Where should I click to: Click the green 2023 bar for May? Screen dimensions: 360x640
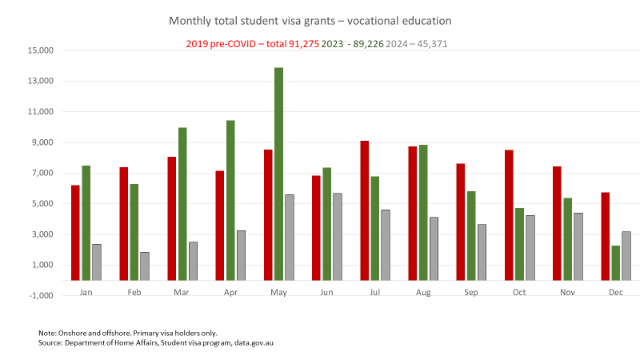[x=278, y=174]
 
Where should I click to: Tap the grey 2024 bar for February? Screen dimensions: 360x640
[x=144, y=266]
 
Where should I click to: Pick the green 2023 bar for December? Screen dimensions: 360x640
[x=615, y=262]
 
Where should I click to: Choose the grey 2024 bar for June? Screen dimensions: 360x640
[x=337, y=237]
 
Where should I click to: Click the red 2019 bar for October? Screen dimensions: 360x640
[x=509, y=215]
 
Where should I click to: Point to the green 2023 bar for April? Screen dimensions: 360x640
[x=230, y=200]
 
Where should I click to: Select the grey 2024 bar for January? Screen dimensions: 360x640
[x=96, y=262]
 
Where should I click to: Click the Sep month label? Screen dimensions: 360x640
[x=471, y=293]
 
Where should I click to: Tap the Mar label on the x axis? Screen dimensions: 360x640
[x=182, y=293]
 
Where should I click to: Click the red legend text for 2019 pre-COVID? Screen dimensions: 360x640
[x=250, y=43]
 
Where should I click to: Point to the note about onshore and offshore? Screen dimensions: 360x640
[x=128, y=333]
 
